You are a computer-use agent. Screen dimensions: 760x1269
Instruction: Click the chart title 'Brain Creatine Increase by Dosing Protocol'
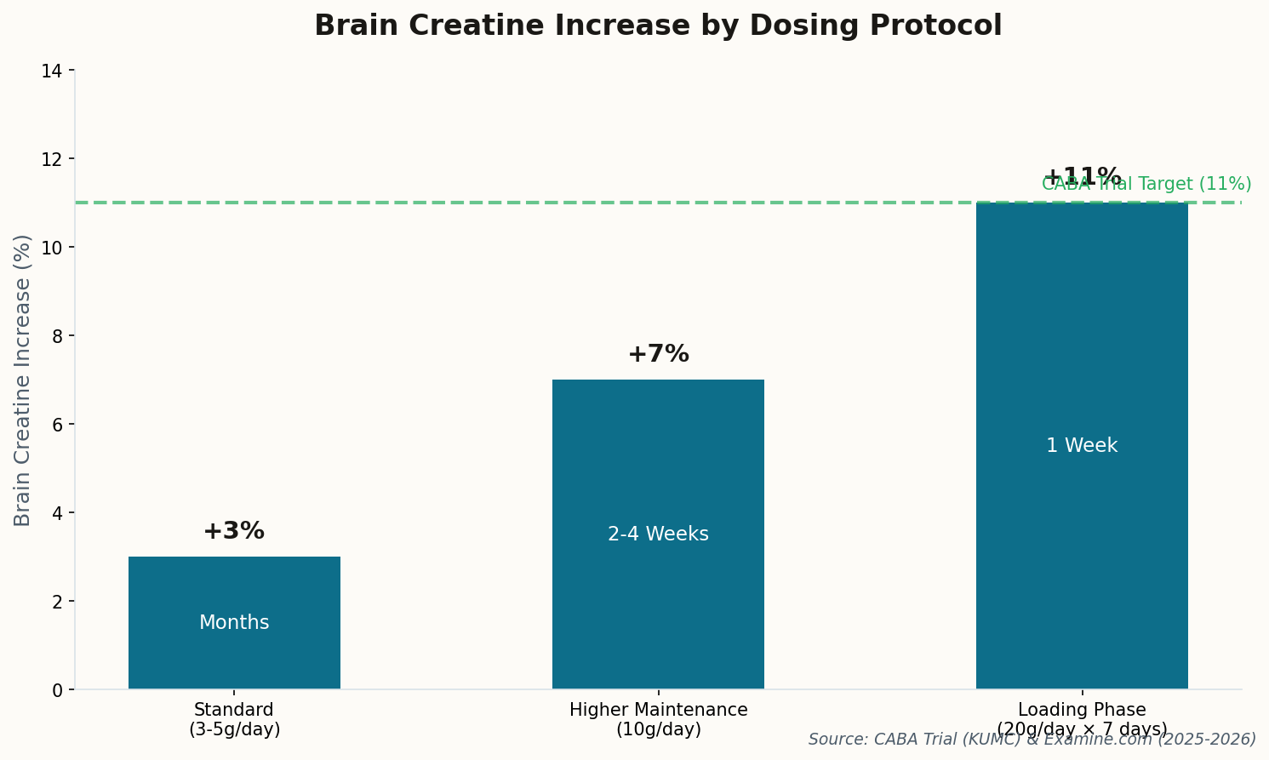pos(658,26)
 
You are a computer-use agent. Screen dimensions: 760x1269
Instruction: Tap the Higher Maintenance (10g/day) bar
pos(658,468)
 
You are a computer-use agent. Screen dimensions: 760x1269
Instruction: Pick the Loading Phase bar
pos(1082,340)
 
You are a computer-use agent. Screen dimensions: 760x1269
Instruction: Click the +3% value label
pos(234,531)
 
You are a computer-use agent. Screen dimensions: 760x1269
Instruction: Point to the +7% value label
pos(658,354)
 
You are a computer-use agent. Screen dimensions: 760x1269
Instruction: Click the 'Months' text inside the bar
pos(234,623)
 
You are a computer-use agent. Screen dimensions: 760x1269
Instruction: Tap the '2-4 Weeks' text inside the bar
pos(658,534)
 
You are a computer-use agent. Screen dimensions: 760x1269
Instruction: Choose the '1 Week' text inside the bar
pos(1082,446)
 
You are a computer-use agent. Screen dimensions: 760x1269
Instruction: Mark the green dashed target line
pos(596,203)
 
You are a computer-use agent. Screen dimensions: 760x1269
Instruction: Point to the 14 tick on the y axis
pos(52,71)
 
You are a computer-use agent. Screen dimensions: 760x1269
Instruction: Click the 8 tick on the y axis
pos(57,336)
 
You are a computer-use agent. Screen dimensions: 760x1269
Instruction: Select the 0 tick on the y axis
pos(57,690)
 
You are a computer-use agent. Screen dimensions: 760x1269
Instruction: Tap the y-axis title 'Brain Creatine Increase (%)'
pos(23,380)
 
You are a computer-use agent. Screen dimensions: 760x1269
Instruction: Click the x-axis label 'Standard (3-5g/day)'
pos(234,719)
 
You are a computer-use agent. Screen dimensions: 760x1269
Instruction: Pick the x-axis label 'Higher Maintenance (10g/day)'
pos(658,719)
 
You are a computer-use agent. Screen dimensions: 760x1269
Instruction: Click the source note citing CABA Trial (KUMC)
pos(1032,740)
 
